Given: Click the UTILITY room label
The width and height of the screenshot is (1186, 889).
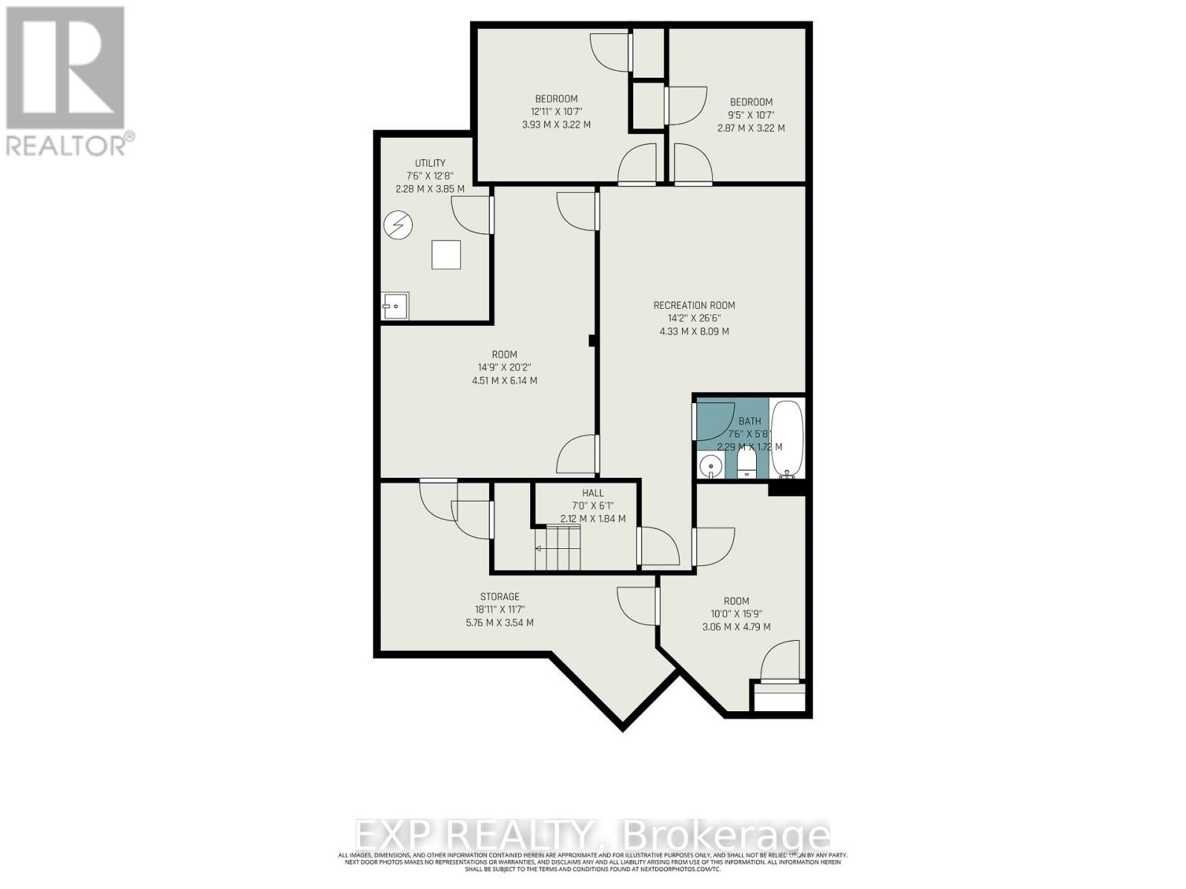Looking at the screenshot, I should [430, 163].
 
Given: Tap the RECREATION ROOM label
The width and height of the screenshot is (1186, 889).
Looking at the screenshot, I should [694, 305].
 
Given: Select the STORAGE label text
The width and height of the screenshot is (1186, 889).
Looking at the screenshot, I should [500, 596].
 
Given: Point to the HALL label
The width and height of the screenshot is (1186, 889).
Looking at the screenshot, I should [593, 493].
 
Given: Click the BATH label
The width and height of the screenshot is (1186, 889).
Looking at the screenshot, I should [749, 421].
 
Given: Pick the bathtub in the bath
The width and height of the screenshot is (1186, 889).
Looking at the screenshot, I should [786, 439].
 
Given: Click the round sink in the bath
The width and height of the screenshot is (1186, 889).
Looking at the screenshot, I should [710, 466].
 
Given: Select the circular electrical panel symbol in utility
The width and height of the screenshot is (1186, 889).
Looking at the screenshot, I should [398, 225].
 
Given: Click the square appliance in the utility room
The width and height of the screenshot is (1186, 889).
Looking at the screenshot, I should [446, 255].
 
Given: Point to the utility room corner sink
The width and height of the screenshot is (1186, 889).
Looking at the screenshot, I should [395, 305].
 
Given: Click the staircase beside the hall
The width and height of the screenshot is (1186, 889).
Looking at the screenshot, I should [560, 548].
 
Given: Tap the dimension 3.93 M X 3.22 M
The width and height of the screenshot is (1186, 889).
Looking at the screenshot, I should [556, 124].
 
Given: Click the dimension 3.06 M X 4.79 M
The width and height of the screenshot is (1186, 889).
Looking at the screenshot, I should [736, 627].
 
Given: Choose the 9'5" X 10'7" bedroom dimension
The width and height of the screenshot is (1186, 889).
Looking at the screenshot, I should [751, 115].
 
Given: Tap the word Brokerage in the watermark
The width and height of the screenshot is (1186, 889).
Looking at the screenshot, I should [727, 836].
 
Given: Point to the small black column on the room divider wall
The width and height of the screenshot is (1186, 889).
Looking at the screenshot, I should [592, 341].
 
